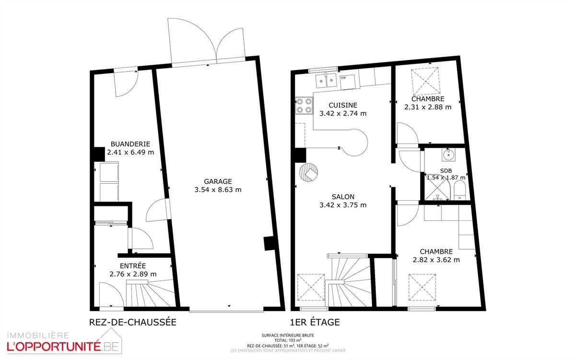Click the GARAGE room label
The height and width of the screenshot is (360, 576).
218,181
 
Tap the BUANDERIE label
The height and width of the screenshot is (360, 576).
130,144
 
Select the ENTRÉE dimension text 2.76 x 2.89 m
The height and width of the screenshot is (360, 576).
133,274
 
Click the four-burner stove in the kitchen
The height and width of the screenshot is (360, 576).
304,105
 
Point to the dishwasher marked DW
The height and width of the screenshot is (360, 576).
348,82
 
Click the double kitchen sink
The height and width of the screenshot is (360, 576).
326,81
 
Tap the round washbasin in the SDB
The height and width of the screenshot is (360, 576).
449,155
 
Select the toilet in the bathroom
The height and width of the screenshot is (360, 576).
459,190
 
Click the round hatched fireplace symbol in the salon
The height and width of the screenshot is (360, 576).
308,172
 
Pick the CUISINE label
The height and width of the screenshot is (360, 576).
343,105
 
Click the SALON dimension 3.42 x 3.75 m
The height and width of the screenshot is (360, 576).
343,205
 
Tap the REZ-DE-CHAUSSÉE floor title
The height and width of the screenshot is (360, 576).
133,322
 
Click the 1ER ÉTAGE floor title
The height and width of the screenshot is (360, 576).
315,322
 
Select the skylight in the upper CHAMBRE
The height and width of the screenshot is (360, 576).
425,81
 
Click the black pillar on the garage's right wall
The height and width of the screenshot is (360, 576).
269,243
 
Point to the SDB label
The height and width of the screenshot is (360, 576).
446,170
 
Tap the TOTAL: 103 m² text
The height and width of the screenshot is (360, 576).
288,340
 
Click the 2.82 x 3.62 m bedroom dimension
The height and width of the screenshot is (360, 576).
436,260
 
